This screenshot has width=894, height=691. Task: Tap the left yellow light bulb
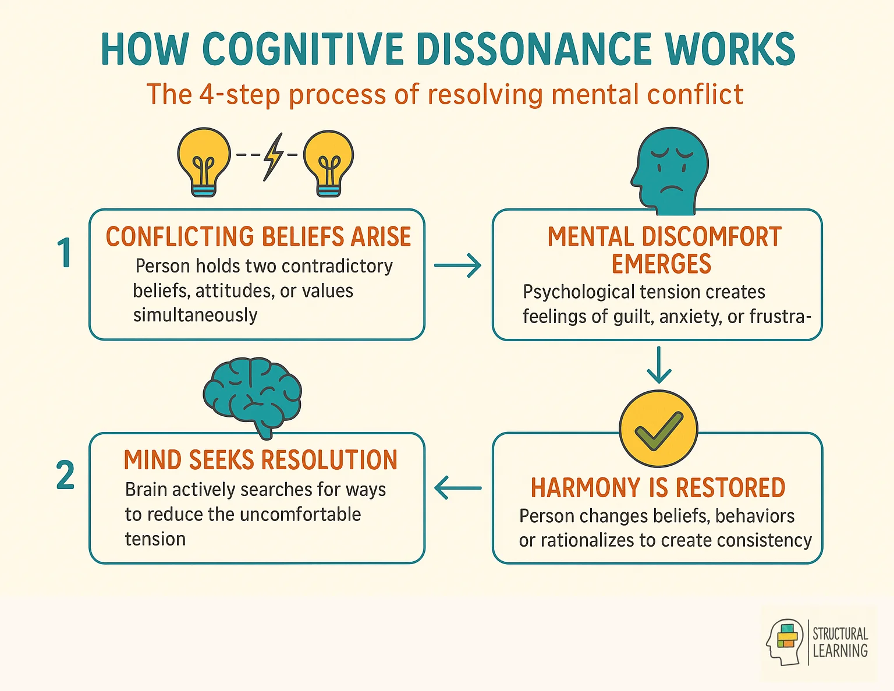click(x=203, y=161)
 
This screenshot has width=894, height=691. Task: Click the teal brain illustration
click(x=253, y=394)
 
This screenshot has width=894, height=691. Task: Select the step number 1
click(x=65, y=253)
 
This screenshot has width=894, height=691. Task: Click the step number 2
click(x=65, y=476)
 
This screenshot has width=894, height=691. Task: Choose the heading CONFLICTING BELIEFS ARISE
click(x=258, y=237)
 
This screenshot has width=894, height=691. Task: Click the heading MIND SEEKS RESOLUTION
click(x=261, y=460)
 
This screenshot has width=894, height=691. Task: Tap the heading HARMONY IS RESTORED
click(x=658, y=488)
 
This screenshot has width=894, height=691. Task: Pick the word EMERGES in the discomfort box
click(x=661, y=264)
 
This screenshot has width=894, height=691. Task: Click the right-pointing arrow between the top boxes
click(x=458, y=266)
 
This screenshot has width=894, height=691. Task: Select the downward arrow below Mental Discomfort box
click(x=658, y=365)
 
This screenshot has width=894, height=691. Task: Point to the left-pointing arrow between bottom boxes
click(x=458, y=488)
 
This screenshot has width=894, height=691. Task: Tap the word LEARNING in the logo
click(x=840, y=651)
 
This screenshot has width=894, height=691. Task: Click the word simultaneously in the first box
click(x=195, y=316)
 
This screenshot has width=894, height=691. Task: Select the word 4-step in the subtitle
click(x=239, y=94)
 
